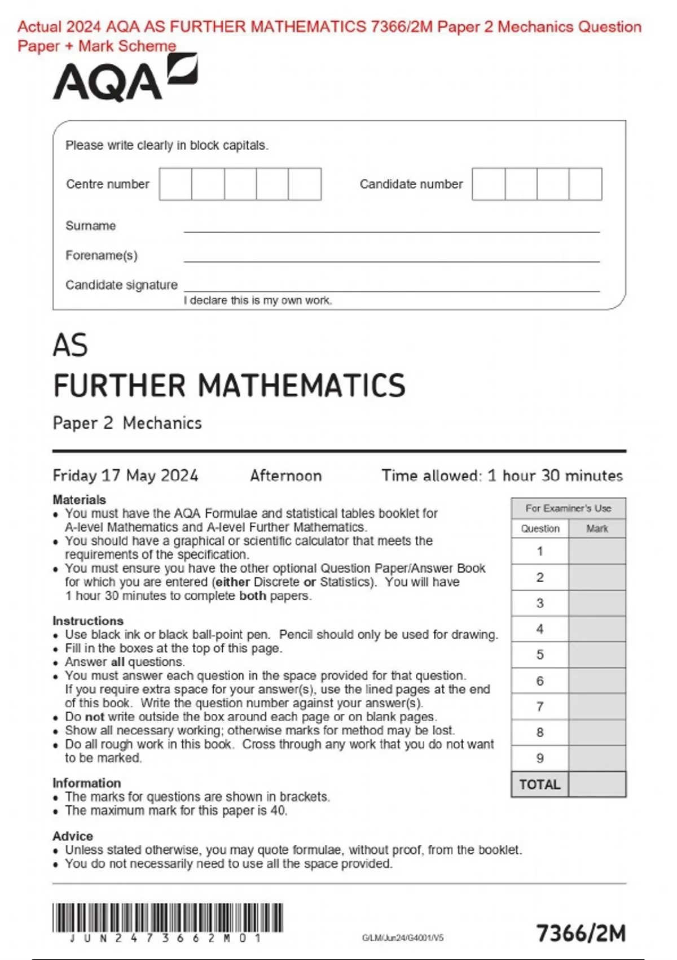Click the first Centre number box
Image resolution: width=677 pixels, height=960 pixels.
point(175,184)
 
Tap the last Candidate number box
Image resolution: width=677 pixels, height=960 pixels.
point(586,184)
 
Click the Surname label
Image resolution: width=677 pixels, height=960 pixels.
point(91,226)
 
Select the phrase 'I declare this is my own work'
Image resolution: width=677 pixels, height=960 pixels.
point(258,300)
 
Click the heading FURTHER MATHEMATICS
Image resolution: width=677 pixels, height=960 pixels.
point(229,386)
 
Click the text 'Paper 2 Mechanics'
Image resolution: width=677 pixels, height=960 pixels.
point(127,423)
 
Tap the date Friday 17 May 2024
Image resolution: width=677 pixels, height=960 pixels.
point(125,475)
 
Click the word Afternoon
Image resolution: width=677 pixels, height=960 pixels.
point(286,475)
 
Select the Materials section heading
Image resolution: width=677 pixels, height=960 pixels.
point(79,500)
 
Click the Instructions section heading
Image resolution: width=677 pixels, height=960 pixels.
point(87,621)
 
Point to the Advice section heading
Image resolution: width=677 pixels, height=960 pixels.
point(73,836)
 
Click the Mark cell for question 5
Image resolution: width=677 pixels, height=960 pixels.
point(597,655)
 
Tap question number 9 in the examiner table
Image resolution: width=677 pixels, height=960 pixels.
point(540,758)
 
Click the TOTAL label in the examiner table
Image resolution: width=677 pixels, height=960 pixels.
point(540,784)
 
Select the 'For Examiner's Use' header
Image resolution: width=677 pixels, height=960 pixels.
point(568,508)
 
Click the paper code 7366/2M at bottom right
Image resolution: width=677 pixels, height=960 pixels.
point(581,933)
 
